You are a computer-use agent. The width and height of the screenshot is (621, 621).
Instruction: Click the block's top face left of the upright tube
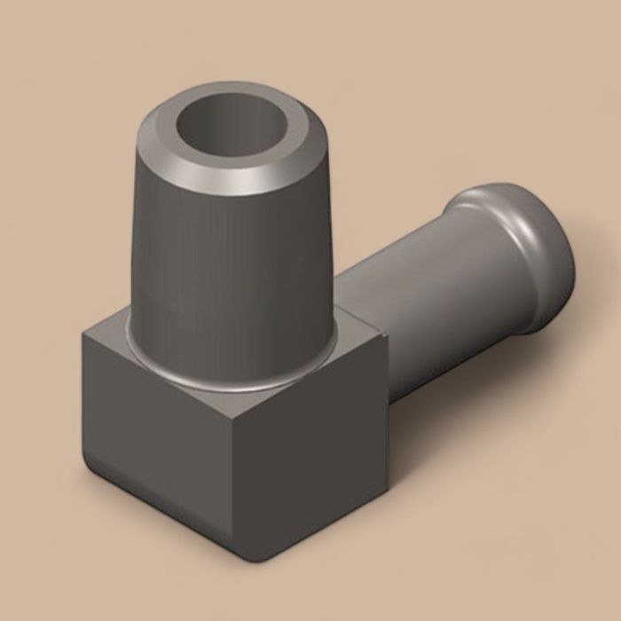111,337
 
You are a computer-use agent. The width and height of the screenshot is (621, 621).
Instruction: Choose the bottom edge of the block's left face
160,515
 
